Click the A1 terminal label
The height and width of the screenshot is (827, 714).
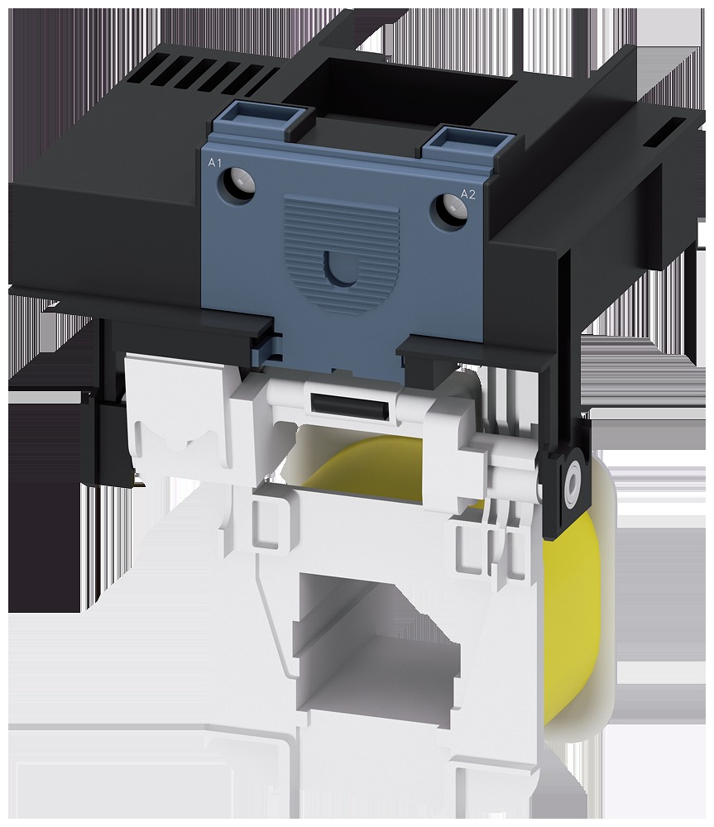pos(215,163)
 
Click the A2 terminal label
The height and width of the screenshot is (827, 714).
pos(468,194)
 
